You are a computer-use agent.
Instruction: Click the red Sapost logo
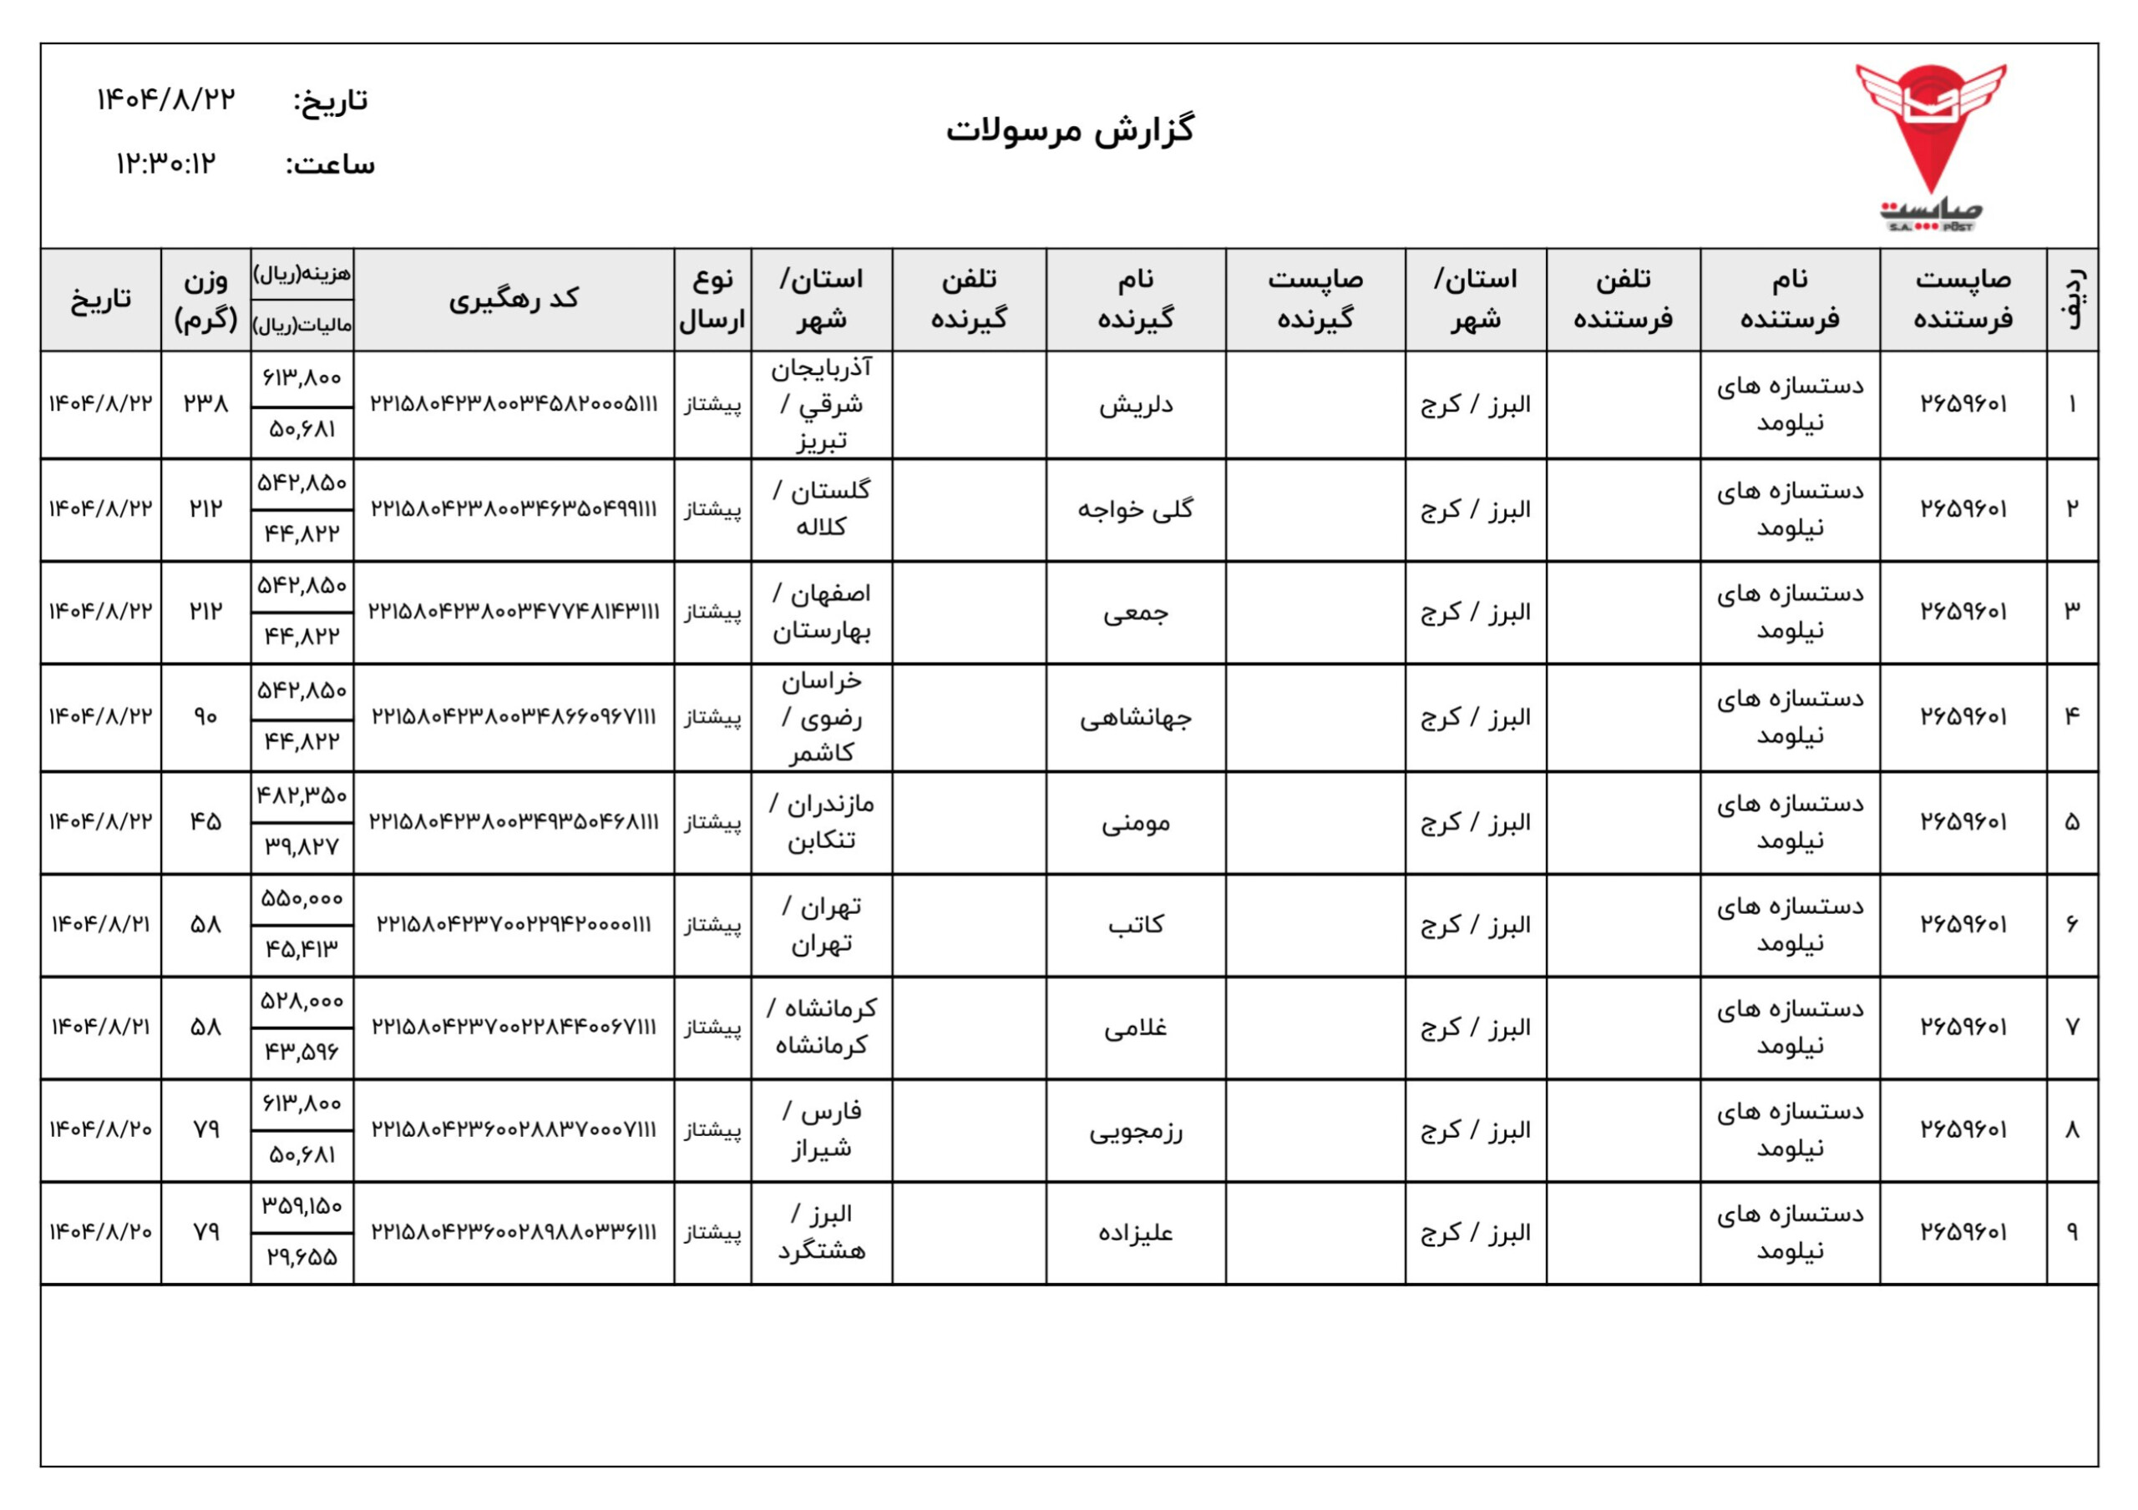pyautogui.click(x=1929, y=144)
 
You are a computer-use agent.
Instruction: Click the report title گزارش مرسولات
pyautogui.click(x=1070, y=130)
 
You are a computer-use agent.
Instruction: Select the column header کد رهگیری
pyautogui.click(x=514, y=299)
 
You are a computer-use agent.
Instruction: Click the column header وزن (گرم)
pyautogui.click(x=205, y=299)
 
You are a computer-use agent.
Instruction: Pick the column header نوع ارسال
pyautogui.click(x=712, y=299)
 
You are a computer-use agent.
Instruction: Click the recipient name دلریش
pyautogui.click(x=1135, y=405)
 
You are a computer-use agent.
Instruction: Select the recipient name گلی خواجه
pyautogui.click(x=1135, y=509)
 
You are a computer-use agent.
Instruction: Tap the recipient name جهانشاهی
pyautogui.click(x=1135, y=718)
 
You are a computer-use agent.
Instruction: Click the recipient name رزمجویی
pyautogui.click(x=1135, y=1131)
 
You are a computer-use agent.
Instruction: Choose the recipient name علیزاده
pyautogui.click(x=1135, y=1234)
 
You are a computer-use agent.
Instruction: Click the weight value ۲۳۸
pyautogui.click(x=205, y=403)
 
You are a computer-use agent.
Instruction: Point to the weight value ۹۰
pyautogui.click(x=205, y=716)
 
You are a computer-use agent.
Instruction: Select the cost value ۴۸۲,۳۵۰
pyautogui.click(x=301, y=796)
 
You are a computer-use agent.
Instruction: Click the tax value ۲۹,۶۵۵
pyautogui.click(x=301, y=1258)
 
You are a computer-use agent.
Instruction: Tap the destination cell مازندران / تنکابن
pyautogui.click(x=821, y=822)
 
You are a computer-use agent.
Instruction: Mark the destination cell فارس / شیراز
pyautogui.click(x=821, y=1130)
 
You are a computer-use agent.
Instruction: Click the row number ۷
pyautogui.click(x=2072, y=1027)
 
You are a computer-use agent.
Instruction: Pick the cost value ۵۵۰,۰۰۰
pyautogui.click(x=301, y=898)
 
